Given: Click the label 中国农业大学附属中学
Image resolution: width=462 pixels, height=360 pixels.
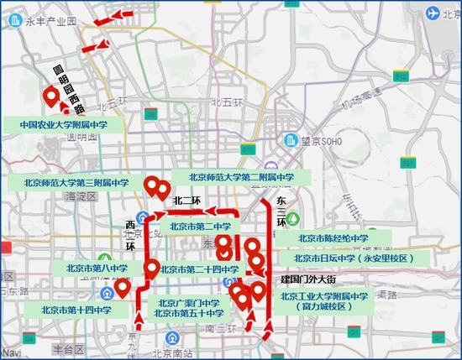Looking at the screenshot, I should [64, 123].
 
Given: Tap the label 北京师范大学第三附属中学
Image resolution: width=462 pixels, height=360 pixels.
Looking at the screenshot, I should [76, 182].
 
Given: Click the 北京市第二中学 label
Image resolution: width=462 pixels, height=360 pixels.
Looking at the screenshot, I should [200, 226].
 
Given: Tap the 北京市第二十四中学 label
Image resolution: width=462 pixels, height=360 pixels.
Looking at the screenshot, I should [200, 269].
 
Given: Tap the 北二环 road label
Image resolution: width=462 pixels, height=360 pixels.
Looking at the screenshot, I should [186, 201].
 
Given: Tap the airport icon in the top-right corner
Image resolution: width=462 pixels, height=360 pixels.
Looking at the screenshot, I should [434, 14].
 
